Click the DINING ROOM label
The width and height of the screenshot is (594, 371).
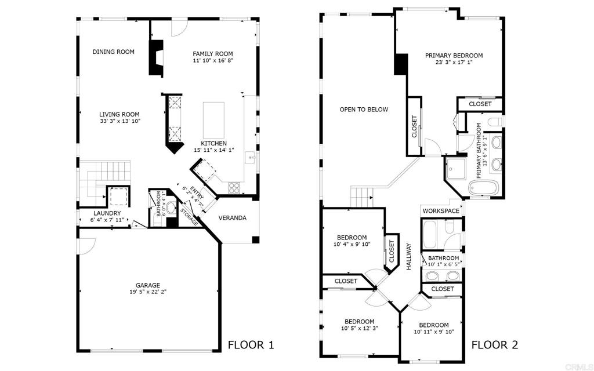point(113,52)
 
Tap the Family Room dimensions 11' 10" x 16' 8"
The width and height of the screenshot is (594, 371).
point(212,60)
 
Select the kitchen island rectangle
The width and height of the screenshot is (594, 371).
point(213,121)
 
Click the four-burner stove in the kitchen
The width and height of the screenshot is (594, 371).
point(234,188)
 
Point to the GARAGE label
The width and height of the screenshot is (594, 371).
point(148,285)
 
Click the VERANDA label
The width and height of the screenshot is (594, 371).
point(233,218)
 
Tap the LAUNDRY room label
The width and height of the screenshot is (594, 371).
point(107,213)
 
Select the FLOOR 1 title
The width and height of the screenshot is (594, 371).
point(251,345)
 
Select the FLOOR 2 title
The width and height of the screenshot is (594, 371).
point(495,345)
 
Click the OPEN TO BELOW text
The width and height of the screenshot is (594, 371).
point(364,110)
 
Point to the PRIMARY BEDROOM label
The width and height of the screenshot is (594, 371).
point(454,56)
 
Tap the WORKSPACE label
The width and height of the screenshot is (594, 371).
point(441,211)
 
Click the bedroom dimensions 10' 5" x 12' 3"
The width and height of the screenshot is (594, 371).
point(360,329)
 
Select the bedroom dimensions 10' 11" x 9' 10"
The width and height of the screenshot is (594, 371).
point(434,332)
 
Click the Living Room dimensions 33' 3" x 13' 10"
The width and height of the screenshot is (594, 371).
point(119,121)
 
